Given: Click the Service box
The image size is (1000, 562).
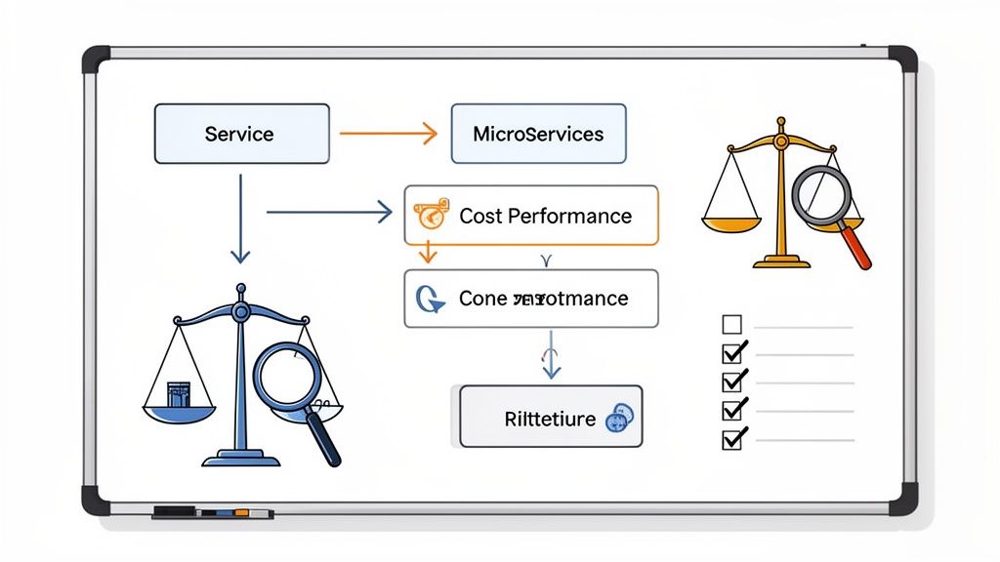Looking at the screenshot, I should [241, 134].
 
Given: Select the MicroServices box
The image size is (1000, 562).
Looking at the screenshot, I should [537, 134].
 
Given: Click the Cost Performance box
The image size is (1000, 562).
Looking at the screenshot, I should [531, 216].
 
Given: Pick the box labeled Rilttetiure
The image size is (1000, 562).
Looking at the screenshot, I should [551, 419].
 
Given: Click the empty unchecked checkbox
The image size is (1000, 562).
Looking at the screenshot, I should [731, 325].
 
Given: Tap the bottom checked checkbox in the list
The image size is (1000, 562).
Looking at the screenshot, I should [732, 439].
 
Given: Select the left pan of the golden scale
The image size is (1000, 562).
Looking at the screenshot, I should [730, 222].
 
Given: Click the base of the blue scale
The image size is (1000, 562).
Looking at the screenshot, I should [240, 457].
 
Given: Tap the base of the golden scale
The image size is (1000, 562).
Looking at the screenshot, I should [781, 261].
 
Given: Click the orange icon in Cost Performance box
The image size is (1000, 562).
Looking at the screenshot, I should [431, 215].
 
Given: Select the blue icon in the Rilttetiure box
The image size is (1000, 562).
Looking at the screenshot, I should [619, 419].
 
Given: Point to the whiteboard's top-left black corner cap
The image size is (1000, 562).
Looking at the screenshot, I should [96, 58].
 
